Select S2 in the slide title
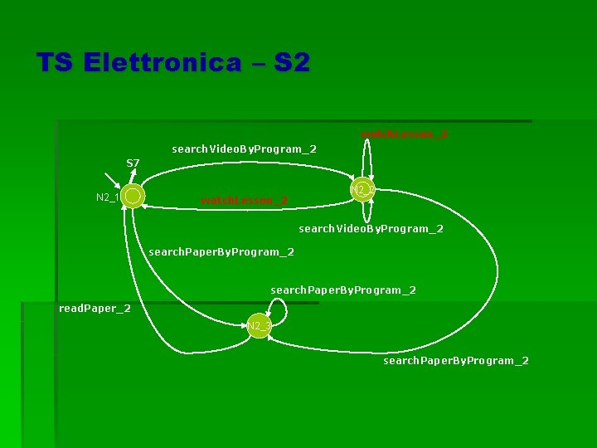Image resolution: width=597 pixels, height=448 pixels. [291, 63]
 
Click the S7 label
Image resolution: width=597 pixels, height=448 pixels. [133, 163]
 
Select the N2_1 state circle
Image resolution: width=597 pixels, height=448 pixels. [132, 197]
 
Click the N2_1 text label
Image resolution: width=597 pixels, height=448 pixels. [107, 197]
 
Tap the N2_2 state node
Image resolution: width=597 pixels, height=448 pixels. [362, 190]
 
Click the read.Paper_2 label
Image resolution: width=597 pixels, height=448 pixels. [95, 309]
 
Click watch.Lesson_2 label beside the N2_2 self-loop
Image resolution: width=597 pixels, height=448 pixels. [404, 134]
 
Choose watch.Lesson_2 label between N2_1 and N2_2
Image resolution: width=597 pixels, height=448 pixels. [244, 200]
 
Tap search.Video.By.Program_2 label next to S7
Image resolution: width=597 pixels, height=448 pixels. [244, 149]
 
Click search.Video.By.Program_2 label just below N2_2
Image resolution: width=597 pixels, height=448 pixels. [371, 228]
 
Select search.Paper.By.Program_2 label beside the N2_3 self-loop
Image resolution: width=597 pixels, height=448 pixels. [343, 290]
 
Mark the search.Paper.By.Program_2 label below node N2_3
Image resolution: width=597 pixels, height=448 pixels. [455, 361]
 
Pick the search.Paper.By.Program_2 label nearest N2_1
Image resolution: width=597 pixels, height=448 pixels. [221, 251]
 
